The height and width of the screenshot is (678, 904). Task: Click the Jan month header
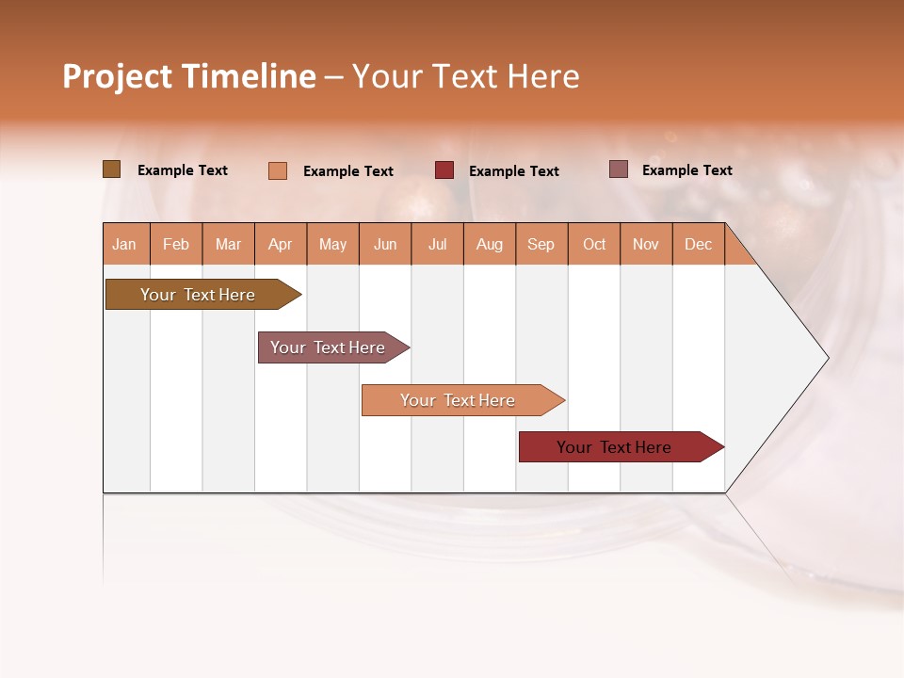click(x=125, y=244)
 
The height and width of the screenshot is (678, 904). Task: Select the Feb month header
click(x=176, y=244)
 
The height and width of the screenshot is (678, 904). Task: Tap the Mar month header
click(x=228, y=244)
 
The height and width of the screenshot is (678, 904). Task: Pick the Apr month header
click(x=281, y=244)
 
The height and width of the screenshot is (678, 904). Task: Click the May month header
click(x=332, y=244)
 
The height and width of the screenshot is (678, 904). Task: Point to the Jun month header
click(x=385, y=244)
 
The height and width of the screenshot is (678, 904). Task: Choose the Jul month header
click(x=437, y=244)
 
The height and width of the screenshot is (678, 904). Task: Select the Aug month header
click(x=490, y=244)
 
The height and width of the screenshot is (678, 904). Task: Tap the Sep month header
click(x=541, y=244)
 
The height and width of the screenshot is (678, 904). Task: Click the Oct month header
click(x=594, y=244)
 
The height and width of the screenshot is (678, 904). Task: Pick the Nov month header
click(x=646, y=244)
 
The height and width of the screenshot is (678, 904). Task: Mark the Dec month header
click(x=698, y=244)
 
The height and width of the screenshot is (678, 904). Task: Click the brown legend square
click(x=112, y=169)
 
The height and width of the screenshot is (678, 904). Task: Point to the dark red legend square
click(x=444, y=170)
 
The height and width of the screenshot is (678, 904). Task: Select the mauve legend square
click(x=619, y=169)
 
